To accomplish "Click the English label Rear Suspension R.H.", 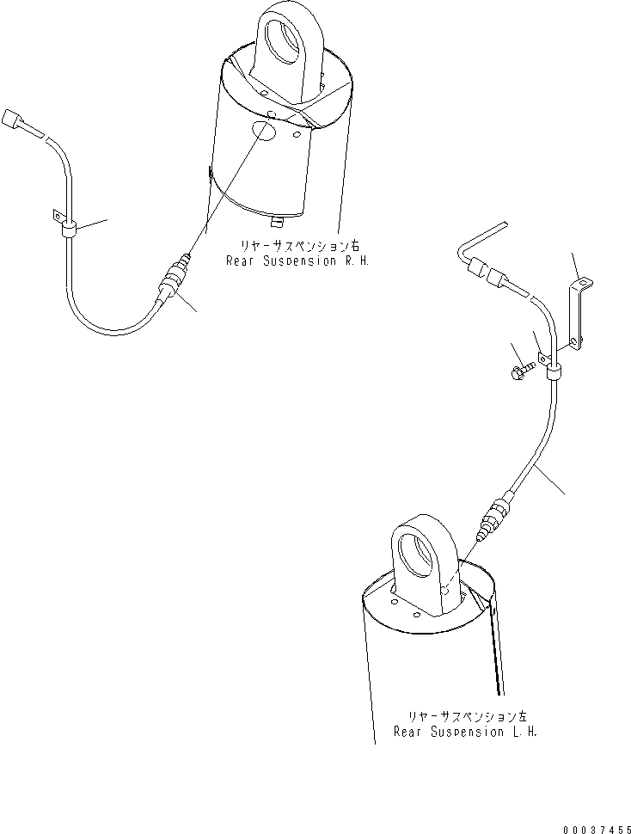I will (297, 261).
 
